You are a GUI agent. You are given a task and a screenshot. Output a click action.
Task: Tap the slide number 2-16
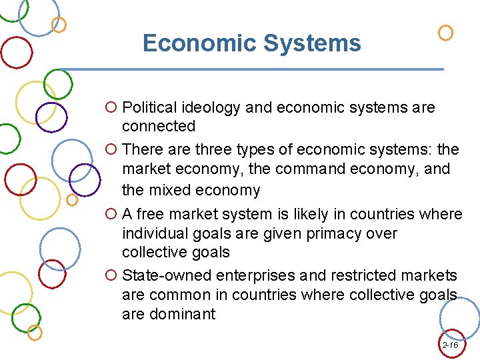tap(450, 345)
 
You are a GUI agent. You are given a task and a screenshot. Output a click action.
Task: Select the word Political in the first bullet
tap(150, 107)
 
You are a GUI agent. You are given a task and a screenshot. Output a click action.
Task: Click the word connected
tap(159, 126)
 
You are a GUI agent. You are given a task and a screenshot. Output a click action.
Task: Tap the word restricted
tap(353, 275)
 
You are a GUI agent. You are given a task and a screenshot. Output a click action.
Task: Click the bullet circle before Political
tap(111, 107)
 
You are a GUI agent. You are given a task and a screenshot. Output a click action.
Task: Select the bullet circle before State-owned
tap(111, 275)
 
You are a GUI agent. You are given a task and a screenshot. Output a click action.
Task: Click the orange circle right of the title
tap(445, 33)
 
